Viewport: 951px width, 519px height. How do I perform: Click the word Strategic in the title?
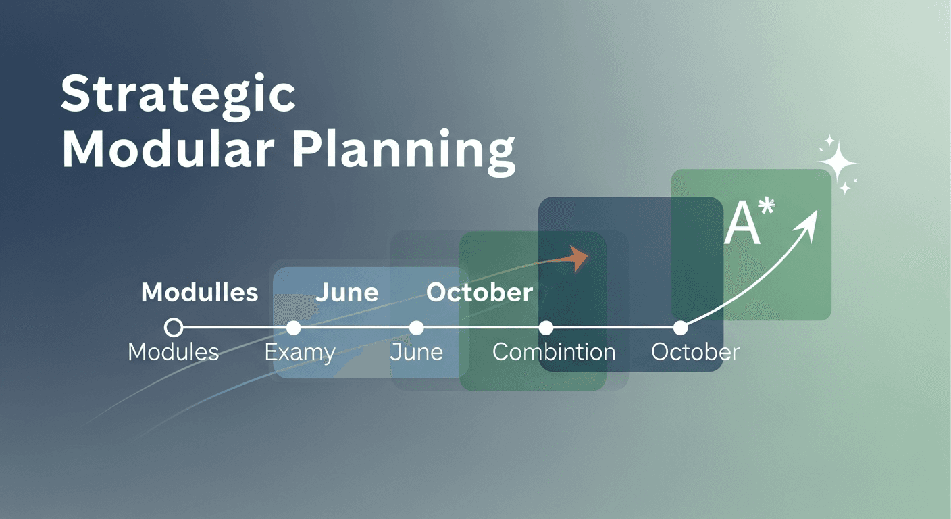[178, 95]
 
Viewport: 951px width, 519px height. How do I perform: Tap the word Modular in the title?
[168, 149]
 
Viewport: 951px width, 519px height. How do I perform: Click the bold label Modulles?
[199, 292]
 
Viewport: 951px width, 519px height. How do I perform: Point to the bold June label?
[347, 292]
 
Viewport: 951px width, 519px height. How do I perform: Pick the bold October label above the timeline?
[480, 292]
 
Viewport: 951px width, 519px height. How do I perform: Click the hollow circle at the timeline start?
[173, 328]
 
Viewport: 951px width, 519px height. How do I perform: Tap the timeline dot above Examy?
[293, 328]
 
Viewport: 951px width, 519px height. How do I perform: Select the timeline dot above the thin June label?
[417, 328]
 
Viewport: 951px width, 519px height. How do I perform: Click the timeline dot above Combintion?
[546, 328]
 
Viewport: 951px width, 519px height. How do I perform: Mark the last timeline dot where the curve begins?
[680, 328]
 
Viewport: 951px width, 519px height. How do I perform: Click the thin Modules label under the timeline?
[173, 352]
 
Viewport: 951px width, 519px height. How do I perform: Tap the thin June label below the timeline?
[417, 352]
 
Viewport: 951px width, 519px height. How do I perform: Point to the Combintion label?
[554, 352]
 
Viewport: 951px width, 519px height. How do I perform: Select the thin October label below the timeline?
[696, 352]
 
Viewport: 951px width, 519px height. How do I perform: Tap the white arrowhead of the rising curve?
[808, 225]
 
